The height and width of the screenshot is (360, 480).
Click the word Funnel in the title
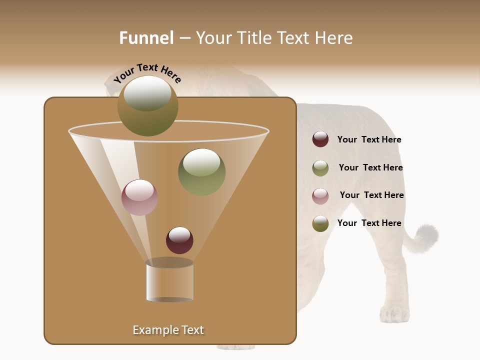click(x=146, y=38)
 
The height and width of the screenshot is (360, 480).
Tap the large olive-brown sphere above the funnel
click(x=147, y=106)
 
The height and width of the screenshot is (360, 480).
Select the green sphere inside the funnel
click(x=201, y=171)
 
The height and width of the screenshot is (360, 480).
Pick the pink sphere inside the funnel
click(x=139, y=197)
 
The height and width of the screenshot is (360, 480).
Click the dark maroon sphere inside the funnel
click(x=179, y=240)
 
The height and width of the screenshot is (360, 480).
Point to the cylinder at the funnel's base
click(x=169, y=281)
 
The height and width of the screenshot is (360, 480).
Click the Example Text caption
click(x=168, y=330)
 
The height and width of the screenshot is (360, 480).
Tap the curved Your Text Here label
click(x=147, y=73)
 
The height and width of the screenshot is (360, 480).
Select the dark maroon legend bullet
click(x=320, y=139)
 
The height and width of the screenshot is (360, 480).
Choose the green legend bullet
click(x=320, y=168)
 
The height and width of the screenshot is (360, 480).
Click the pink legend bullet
click(x=320, y=196)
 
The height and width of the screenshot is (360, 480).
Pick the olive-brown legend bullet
click(x=320, y=223)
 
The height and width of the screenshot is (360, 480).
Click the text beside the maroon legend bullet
click(x=369, y=140)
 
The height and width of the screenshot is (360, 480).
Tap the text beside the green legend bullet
click(x=370, y=168)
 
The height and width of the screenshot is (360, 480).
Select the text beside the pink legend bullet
click(x=371, y=195)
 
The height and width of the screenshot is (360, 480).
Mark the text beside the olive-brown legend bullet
click(x=369, y=223)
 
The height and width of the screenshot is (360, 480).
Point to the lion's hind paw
click(x=394, y=314)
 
